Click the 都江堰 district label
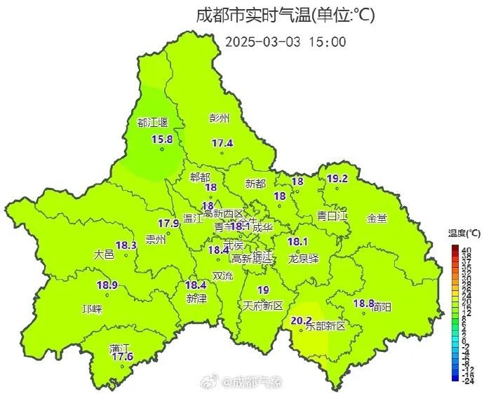click(153, 123)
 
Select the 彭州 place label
click(219, 118)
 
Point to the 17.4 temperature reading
click(222, 144)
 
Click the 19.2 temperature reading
click(337, 179)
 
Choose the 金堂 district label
click(377, 218)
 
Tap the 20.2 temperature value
click(301, 321)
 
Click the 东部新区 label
click(328, 327)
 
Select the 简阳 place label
click(382, 306)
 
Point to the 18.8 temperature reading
click(363, 303)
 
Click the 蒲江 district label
click(119, 348)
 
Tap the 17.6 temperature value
click(123, 358)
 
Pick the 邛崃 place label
click(92, 309)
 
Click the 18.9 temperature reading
click(107, 285)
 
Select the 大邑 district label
click(103, 254)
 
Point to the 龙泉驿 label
click(303, 258)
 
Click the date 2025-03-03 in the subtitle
click(262, 41)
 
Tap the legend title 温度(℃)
click(465, 233)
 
